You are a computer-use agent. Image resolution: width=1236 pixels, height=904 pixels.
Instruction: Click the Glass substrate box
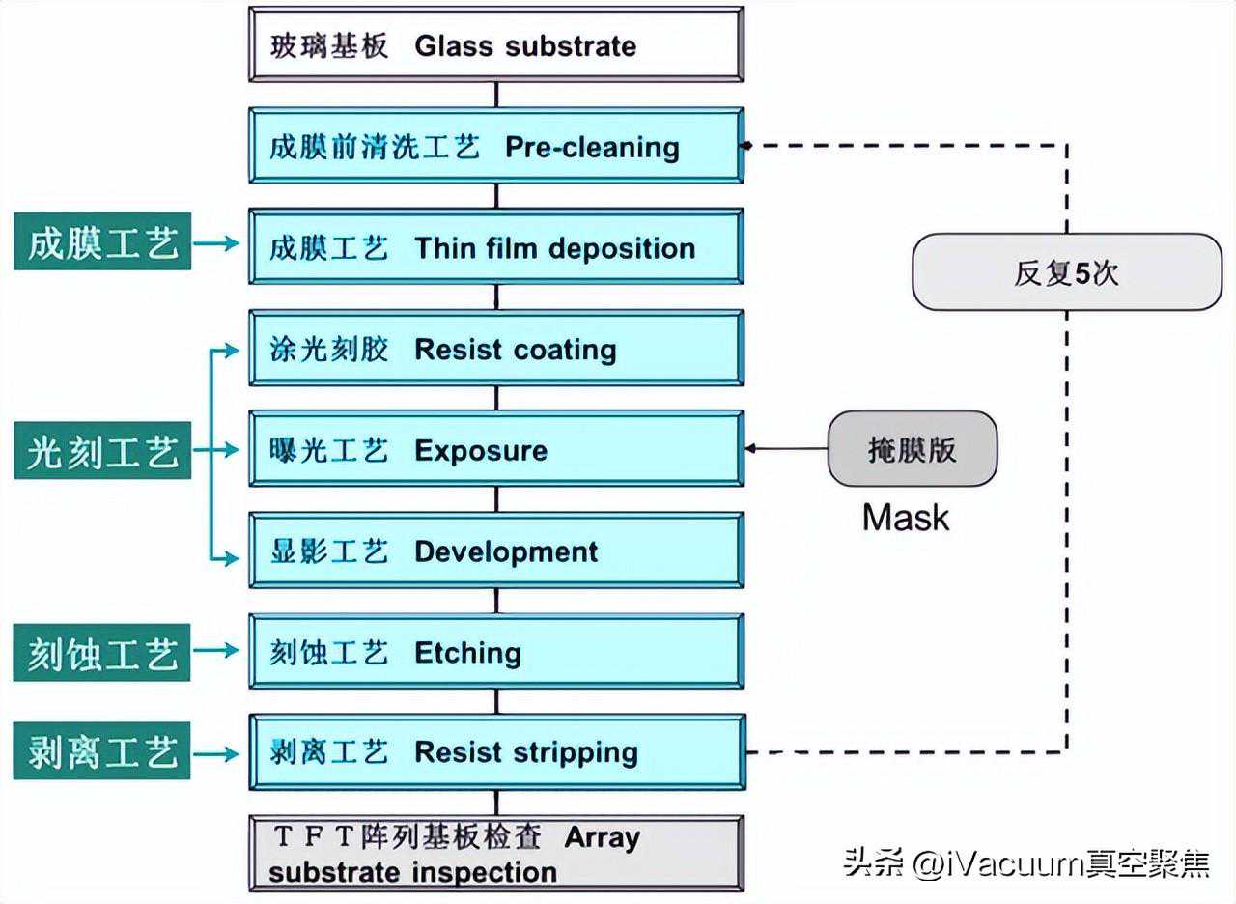click(496, 44)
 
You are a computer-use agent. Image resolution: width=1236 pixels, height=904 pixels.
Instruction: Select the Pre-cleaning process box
click(496, 146)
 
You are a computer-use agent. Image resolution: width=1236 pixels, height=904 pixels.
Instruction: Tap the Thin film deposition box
click(496, 246)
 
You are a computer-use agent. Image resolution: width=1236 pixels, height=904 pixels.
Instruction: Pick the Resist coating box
click(496, 348)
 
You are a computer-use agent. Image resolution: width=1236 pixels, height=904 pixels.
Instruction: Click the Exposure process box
click(496, 449)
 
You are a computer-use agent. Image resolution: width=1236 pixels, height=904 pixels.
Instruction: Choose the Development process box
click(496, 551)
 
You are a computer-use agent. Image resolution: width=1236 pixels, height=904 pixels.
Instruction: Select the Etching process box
click(496, 651)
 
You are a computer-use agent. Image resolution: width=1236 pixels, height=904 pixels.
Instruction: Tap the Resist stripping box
click(497, 752)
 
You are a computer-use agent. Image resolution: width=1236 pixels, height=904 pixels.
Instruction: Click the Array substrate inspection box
click(496, 853)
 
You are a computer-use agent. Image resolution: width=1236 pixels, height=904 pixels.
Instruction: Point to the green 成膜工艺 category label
click(102, 241)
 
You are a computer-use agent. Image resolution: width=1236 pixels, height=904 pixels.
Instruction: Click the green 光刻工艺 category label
click(102, 450)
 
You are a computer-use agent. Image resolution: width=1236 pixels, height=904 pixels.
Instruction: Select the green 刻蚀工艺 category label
click(102, 652)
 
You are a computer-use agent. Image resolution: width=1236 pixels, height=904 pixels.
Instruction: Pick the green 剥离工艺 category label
click(102, 750)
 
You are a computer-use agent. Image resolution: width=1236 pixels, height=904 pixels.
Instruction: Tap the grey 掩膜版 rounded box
click(913, 449)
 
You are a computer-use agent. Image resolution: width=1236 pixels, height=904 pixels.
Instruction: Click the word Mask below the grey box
click(906, 518)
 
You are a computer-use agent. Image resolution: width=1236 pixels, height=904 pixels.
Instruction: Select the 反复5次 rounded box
click(1067, 272)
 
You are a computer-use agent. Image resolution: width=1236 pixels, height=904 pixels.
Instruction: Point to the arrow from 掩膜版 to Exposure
click(786, 449)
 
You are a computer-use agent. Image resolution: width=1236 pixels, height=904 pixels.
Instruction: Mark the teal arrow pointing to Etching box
click(215, 650)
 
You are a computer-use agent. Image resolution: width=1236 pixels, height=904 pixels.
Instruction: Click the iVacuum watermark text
click(1026, 863)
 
